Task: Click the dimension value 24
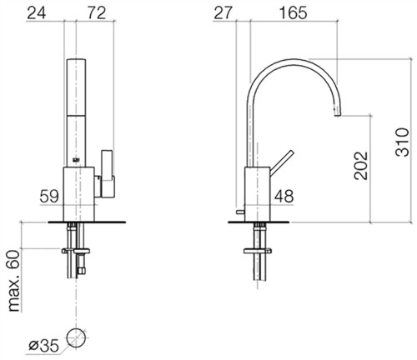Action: click(37, 12)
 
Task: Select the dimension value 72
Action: click(97, 12)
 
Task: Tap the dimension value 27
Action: click(223, 12)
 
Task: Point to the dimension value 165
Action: click(293, 12)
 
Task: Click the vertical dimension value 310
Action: click(402, 142)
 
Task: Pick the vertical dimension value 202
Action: click(361, 166)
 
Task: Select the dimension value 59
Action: click(49, 196)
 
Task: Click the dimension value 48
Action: click(284, 196)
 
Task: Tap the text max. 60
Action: click(13, 281)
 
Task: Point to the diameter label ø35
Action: click(44, 346)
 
